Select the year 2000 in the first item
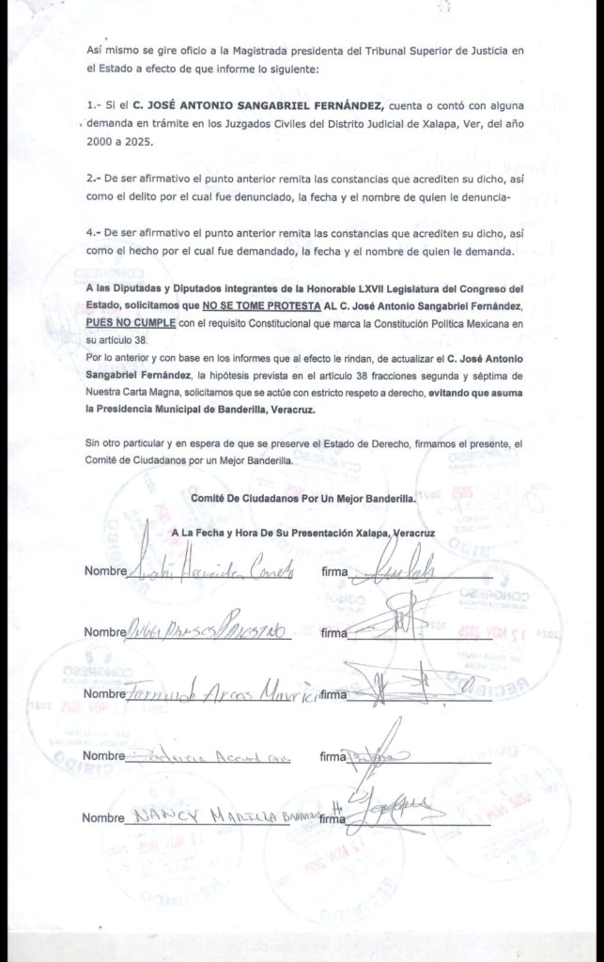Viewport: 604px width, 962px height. click(x=98, y=142)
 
